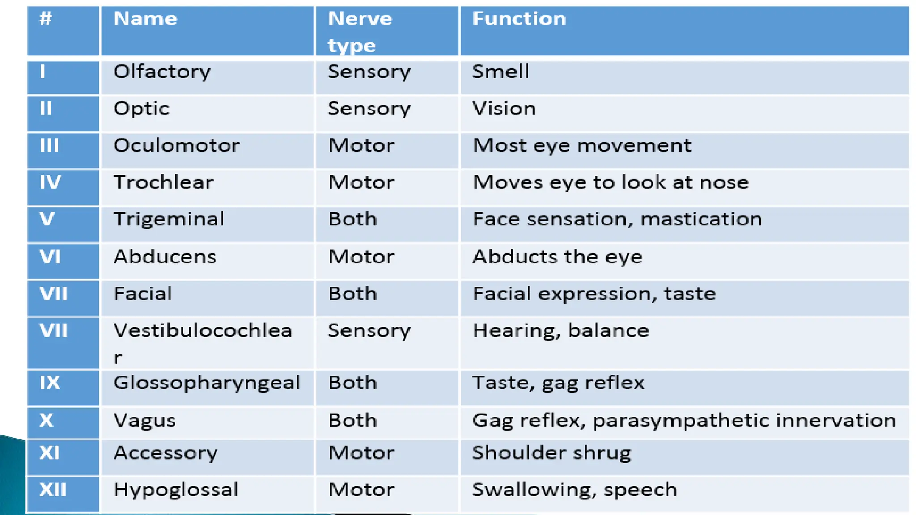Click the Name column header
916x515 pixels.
point(145,19)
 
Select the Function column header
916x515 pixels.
point(519,19)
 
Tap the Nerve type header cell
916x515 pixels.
point(360,32)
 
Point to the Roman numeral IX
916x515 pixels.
point(50,383)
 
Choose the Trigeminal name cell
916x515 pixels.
point(169,220)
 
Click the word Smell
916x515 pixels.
point(500,72)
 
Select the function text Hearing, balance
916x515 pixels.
point(560,331)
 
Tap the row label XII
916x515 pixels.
point(53,490)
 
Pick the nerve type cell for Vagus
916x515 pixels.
point(352,421)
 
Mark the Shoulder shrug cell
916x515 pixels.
point(551,453)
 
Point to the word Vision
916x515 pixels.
point(504,109)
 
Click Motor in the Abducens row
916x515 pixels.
point(361,257)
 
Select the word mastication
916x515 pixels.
point(701,220)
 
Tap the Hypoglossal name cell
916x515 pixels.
point(176,490)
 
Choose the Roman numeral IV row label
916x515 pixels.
point(50,182)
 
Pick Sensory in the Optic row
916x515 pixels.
point(369,109)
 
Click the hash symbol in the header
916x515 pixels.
point(46,19)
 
